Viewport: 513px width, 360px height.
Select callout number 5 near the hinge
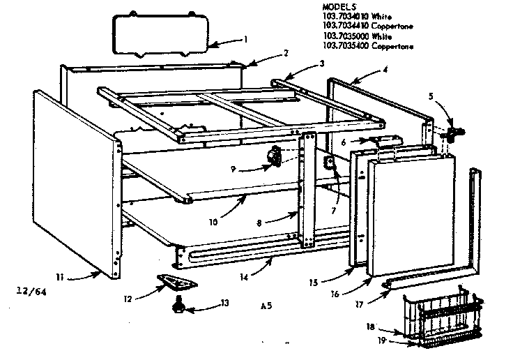[430, 96]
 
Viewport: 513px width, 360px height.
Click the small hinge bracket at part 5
[457, 130]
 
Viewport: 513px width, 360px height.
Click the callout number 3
[321, 63]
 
